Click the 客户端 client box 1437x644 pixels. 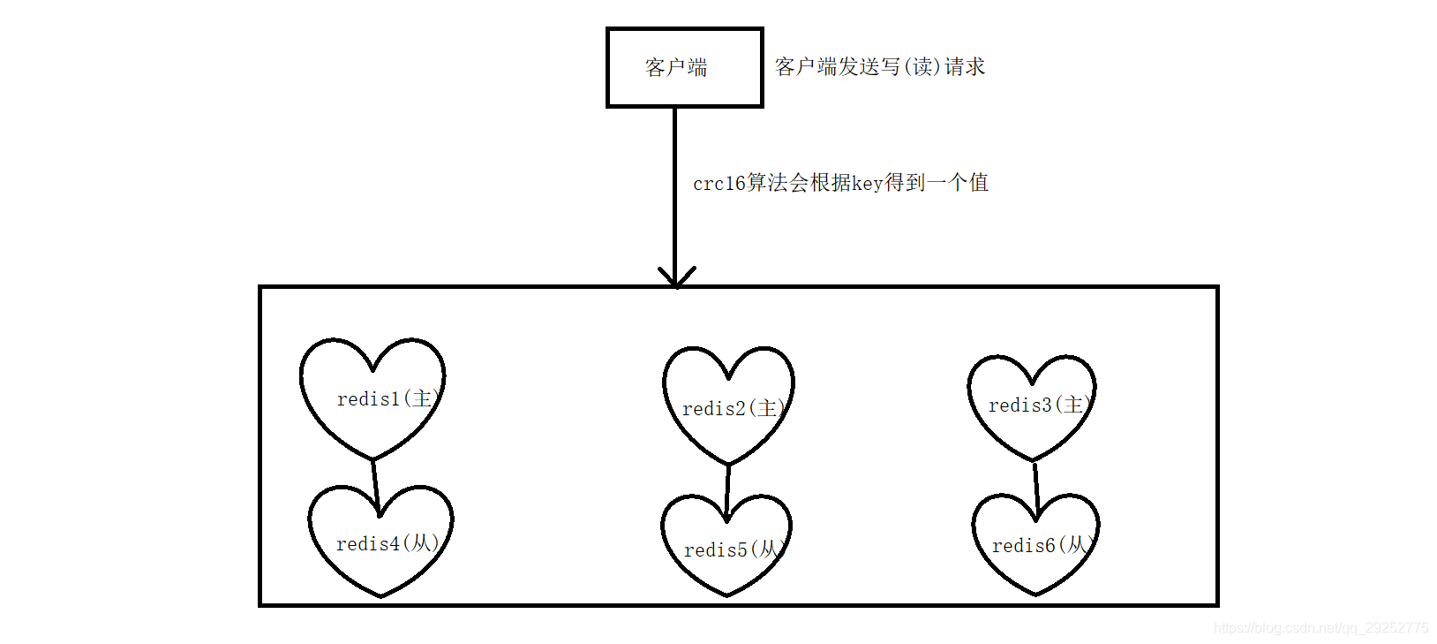684,67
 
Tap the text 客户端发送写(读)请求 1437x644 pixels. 879,67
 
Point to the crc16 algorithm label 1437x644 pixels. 839,183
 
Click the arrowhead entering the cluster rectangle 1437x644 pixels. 676,277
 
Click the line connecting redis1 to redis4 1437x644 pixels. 375,484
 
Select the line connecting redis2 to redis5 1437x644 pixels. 728,490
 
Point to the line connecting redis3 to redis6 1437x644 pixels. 1035,486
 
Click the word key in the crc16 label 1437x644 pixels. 867,184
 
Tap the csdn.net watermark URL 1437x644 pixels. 1320,628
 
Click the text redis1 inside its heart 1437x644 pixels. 368,399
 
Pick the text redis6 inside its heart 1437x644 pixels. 1022,546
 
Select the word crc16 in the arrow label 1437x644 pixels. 718,184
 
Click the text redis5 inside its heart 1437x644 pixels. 715,550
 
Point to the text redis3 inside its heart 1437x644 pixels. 1019,405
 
